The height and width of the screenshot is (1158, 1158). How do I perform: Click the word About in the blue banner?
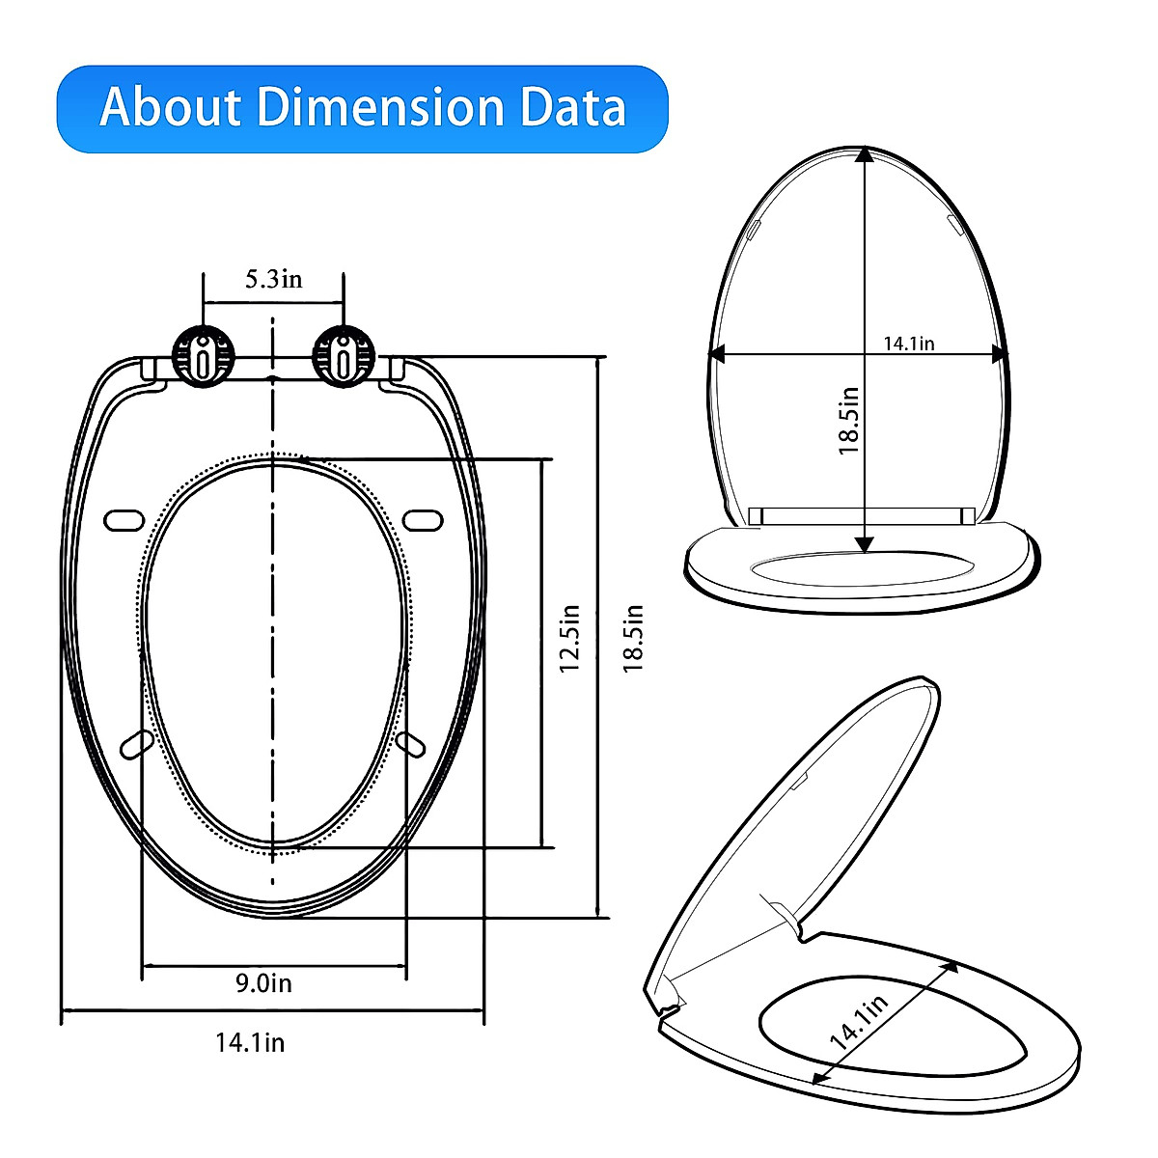click(x=170, y=107)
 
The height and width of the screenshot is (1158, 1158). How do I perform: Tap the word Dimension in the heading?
click(x=380, y=107)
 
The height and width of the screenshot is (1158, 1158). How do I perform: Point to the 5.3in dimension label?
click(x=273, y=280)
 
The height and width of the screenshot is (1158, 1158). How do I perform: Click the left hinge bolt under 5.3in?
click(x=203, y=358)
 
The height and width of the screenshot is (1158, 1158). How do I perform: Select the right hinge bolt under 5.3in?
click(x=344, y=358)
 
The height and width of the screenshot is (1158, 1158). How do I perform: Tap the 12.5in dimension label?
click(x=569, y=639)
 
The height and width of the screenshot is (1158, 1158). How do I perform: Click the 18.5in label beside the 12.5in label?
click(x=632, y=639)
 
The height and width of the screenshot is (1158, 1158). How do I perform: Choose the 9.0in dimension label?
click(x=264, y=983)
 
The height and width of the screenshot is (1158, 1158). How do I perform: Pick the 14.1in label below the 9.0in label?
click(x=250, y=1042)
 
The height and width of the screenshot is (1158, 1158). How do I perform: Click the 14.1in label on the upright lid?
click(x=909, y=343)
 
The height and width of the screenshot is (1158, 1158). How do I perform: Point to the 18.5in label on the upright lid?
click(x=848, y=421)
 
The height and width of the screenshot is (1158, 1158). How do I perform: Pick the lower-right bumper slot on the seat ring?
click(x=410, y=744)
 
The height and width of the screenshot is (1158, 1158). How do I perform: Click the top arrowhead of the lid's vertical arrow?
click(x=865, y=154)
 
